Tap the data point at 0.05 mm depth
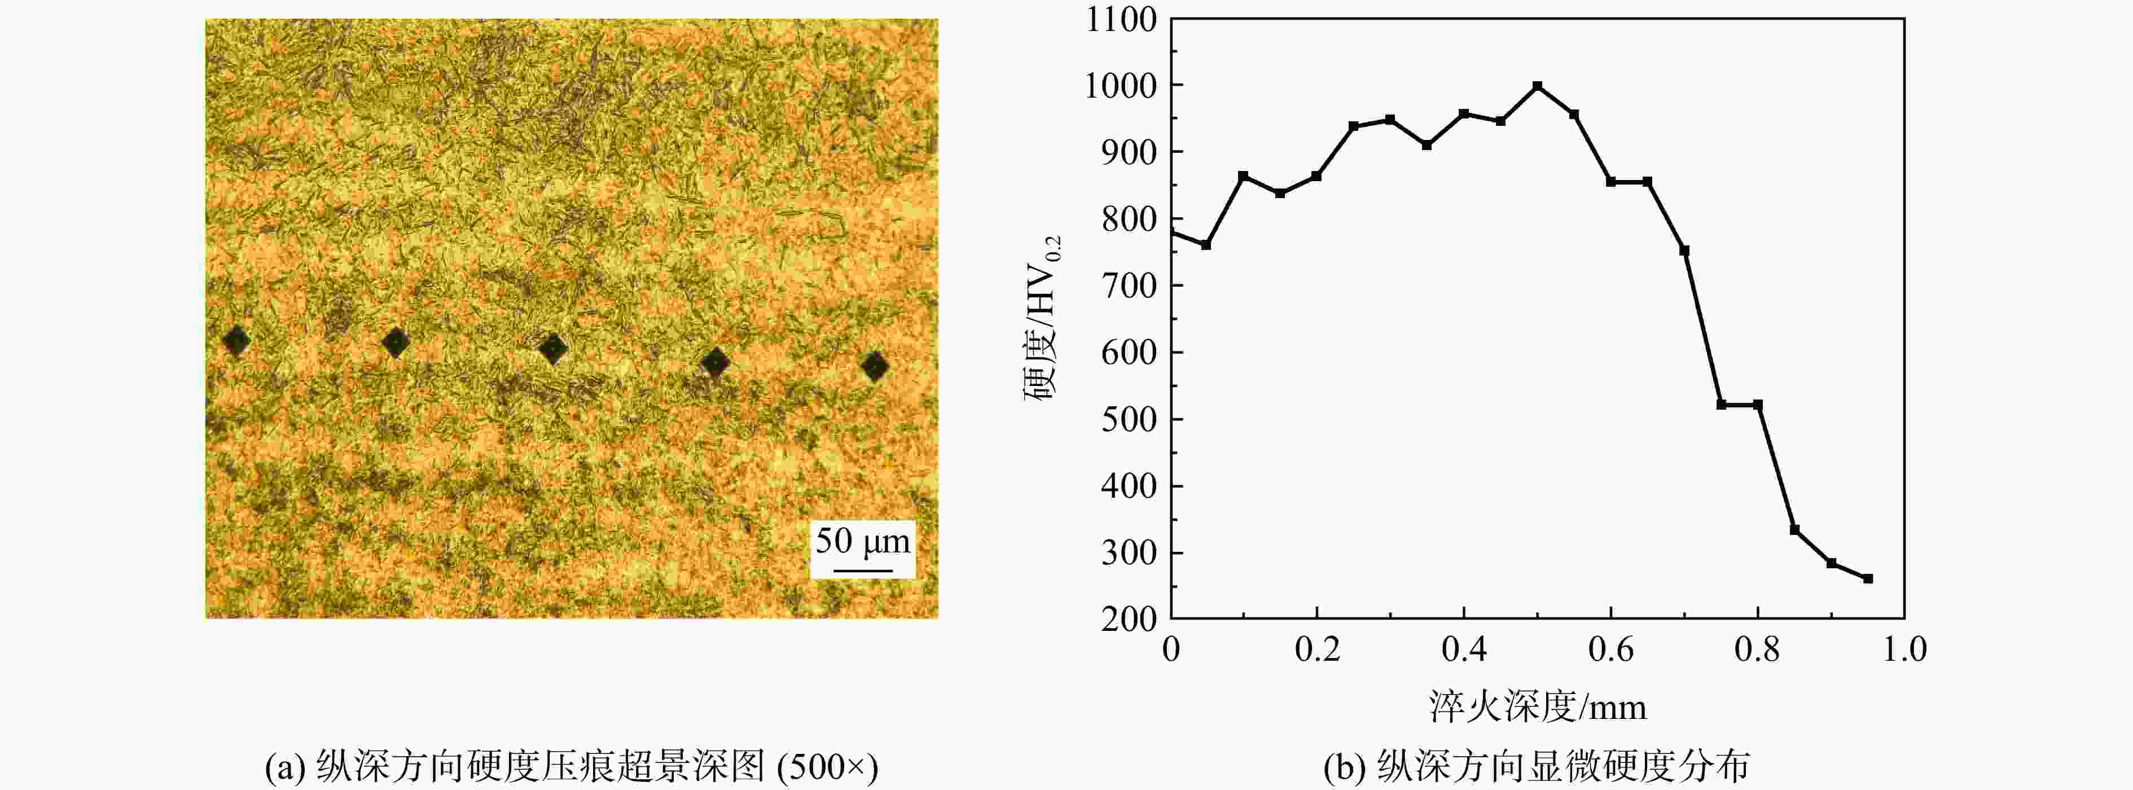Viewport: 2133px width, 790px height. pos(1206,245)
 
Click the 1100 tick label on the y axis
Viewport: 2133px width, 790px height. pos(1121,19)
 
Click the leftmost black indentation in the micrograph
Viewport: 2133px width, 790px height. pos(237,340)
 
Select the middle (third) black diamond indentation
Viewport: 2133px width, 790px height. pos(553,349)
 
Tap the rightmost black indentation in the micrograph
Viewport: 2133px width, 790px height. pos(875,365)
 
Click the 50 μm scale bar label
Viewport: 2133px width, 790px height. pos(863,542)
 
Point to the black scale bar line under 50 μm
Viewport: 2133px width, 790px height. pos(863,570)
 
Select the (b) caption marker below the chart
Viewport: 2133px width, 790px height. pos(1345,767)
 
